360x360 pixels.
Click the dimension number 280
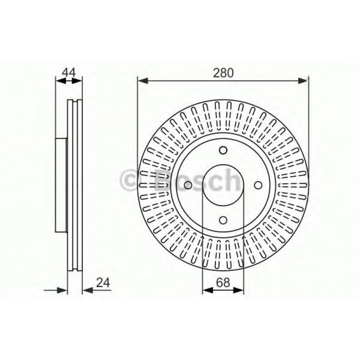[223, 73]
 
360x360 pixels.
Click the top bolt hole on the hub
[223, 151]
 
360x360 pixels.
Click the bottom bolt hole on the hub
[223, 220]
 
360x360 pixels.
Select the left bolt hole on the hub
[188, 185]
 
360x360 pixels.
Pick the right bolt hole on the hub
[258, 185]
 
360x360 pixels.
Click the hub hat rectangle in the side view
[61, 184]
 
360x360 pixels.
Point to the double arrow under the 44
[69, 80]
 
